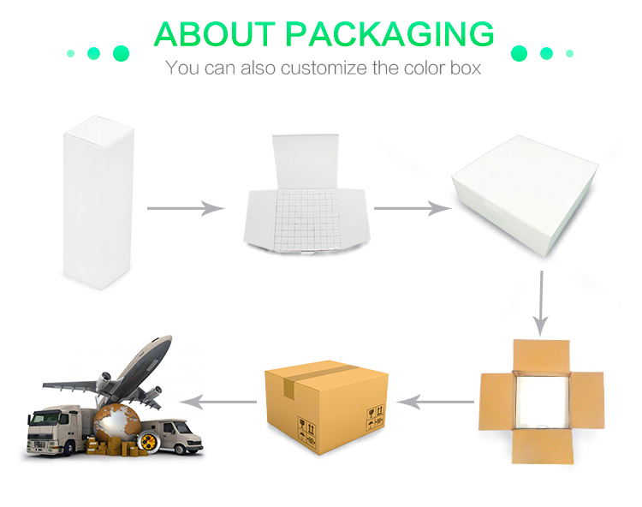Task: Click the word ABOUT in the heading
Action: (x=214, y=34)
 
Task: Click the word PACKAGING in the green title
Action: (x=389, y=34)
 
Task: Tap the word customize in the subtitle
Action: (x=324, y=68)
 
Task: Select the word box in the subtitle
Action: (x=466, y=68)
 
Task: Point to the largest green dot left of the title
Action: (x=121, y=53)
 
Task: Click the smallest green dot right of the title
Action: (x=569, y=53)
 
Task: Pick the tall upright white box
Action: (x=98, y=203)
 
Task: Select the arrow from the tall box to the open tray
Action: (x=186, y=208)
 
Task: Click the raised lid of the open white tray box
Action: (x=306, y=161)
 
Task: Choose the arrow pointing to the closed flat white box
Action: (x=413, y=208)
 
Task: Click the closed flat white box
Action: (x=525, y=195)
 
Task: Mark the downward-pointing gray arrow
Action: (x=541, y=303)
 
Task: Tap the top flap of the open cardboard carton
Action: (x=541, y=355)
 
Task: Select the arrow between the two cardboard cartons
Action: (x=435, y=402)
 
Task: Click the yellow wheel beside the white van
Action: (x=148, y=441)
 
